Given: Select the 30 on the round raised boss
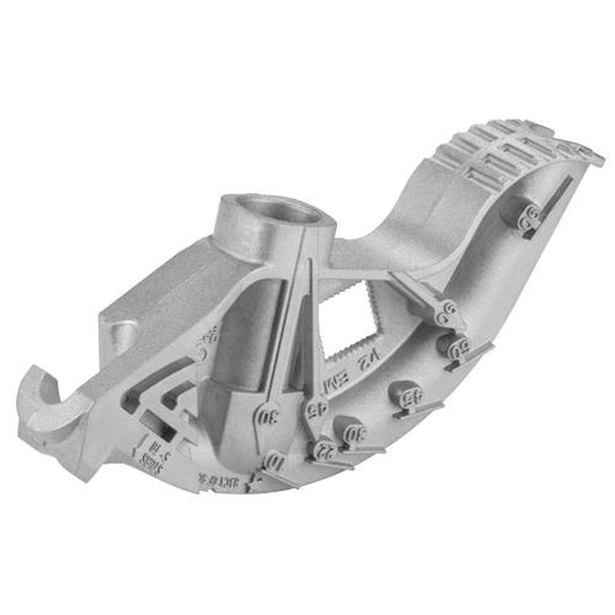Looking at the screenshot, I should pyautogui.click(x=355, y=434).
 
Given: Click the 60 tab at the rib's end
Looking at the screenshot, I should pyautogui.click(x=445, y=314).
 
